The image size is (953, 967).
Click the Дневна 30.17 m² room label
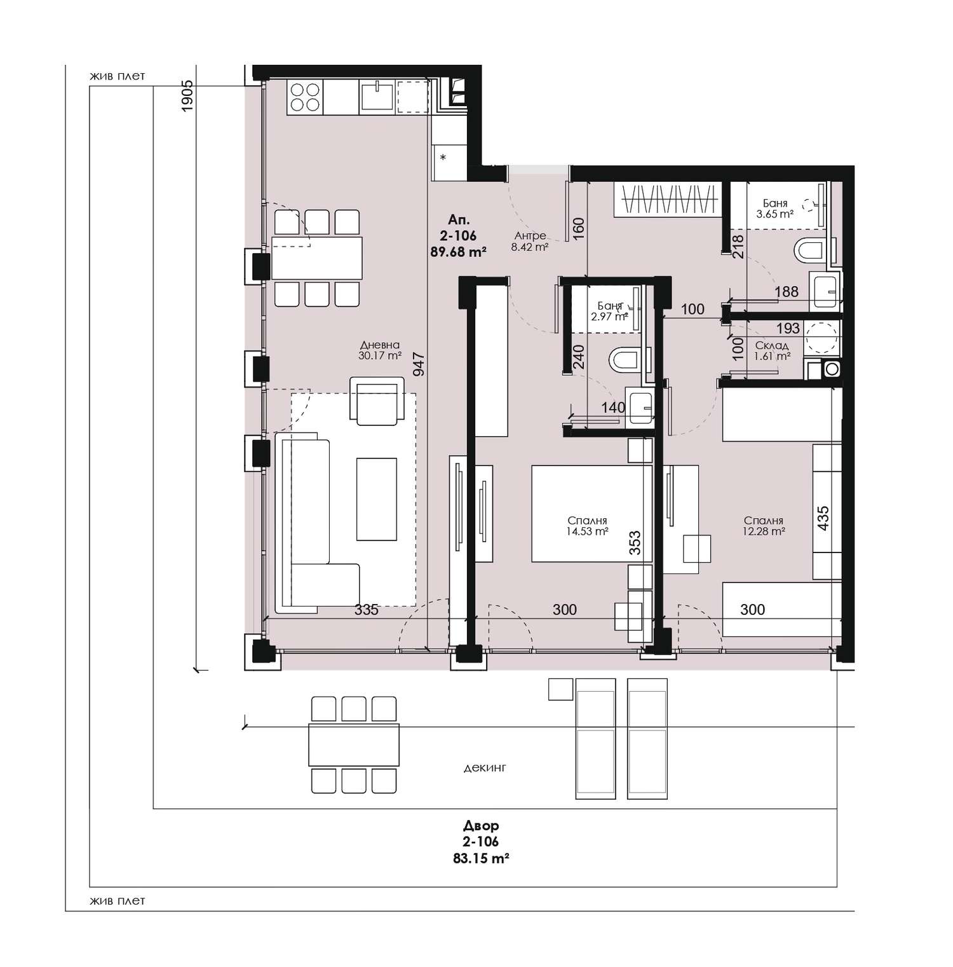379,350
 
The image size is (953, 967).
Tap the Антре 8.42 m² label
530,242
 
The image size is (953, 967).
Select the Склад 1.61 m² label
773,351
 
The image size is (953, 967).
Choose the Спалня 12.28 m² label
764,525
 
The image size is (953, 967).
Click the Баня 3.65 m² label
775,209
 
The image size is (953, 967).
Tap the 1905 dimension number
187,97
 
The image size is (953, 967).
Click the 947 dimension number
419,365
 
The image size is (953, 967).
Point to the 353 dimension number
635,544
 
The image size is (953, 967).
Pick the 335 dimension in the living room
367,610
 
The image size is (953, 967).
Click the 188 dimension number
787,292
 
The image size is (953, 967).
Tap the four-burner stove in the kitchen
304,98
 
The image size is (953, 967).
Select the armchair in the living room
377,401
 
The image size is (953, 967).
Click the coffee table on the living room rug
377,499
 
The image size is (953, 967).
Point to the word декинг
485,768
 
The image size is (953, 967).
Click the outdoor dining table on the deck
354,744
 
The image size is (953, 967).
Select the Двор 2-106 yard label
481,834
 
